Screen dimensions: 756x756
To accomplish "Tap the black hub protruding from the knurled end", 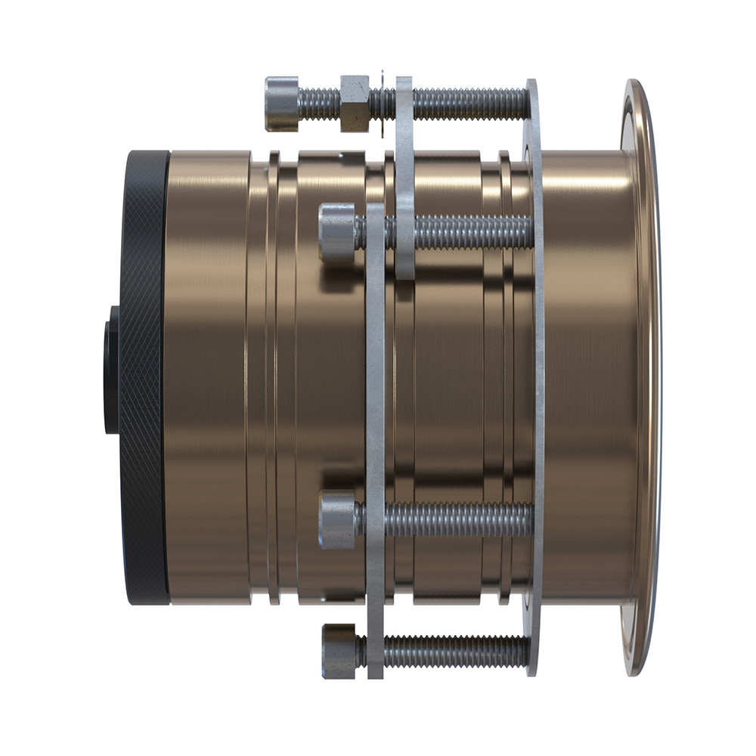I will [x=111, y=370].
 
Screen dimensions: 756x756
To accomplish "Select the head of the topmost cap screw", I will [x=281, y=104].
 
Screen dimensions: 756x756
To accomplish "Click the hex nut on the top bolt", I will [x=354, y=103].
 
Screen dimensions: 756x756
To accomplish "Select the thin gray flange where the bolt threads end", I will [x=534, y=378].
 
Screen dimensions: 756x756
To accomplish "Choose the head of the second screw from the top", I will [x=336, y=232].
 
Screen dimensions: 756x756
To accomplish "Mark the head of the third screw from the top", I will [x=337, y=519].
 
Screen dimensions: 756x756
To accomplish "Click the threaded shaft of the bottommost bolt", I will [x=454, y=651].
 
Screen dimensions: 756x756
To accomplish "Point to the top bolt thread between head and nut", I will [x=319, y=104].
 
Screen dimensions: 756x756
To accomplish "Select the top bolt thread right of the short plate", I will [x=469, y=104].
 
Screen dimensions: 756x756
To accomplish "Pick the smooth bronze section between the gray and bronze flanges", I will [x=586, y=378].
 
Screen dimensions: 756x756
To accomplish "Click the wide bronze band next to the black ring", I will [x=208, y=378].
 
